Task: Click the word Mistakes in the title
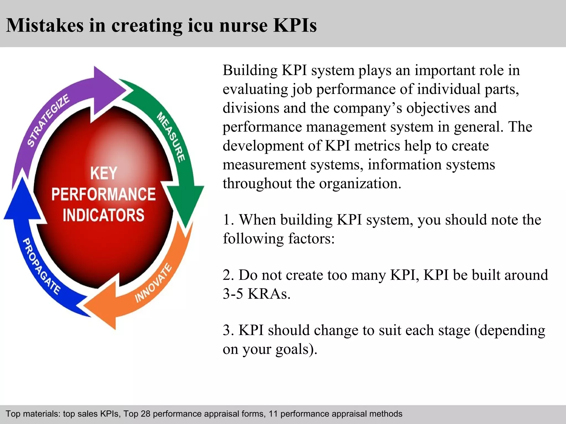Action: tap(44, 25)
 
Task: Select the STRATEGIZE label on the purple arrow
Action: tap(48, 120)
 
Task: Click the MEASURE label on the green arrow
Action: tap(171, 137)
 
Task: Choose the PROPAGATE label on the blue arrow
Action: tap(41, 266)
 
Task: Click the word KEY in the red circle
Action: tap(104, 173)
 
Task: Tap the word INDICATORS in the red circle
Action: tap(104, 215)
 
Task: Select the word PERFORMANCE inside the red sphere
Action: tap(104, 194)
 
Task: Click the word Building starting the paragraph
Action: tap(250, 70)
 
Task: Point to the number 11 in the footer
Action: tap(273, 414)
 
